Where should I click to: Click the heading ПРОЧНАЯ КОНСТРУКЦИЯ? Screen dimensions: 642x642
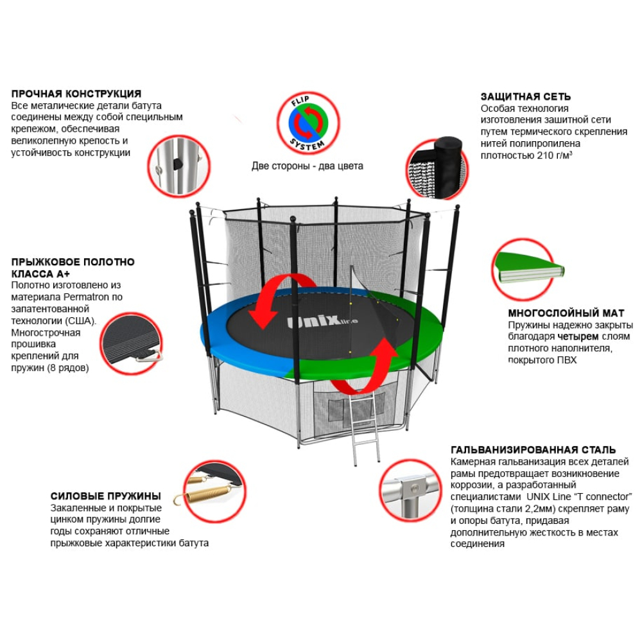click(76, 94)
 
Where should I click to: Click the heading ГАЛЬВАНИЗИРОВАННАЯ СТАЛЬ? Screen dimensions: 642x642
click(534, 450)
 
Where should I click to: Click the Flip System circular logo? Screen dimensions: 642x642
click(307, 123)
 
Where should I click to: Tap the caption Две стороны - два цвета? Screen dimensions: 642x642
click(307, 166)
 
